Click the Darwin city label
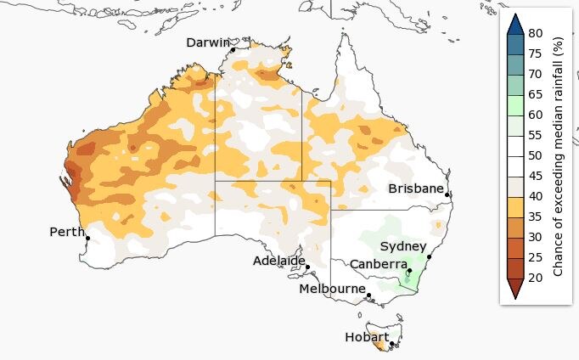click(208, 42)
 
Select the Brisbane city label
click(416, 188)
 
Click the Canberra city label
click(378, 264)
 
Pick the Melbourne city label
click(332, 289)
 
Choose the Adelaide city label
click(278, 260)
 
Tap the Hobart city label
click(367, 337)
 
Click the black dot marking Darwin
click(233, 50)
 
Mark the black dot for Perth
click(87, 238)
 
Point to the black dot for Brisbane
click(447, 195)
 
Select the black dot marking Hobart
click(391, 344)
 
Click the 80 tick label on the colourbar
click(535, 33)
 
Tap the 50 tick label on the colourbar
click(535, 155)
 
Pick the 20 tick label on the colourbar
click(535, 278)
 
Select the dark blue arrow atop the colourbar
click(514, 24)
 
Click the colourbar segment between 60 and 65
click(514, 104)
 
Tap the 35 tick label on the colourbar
click(535, 217)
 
